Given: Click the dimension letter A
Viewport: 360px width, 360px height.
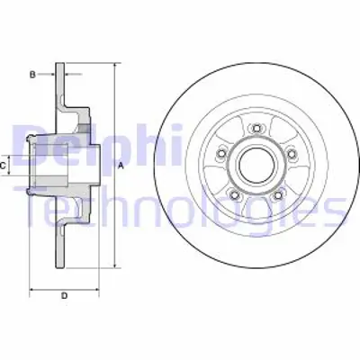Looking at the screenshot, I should pyautogui.click(x=120, y=166).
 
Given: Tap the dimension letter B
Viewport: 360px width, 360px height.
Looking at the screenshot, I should pyautogui.click(x=32, y=75).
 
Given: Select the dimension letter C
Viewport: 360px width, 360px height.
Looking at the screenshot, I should pyautogui.click(x=4, y=166).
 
